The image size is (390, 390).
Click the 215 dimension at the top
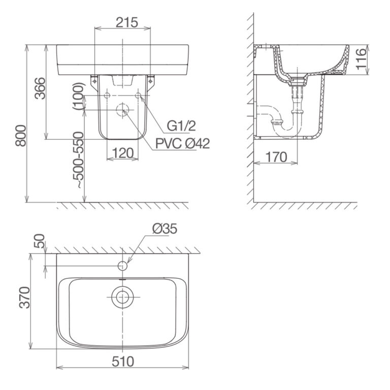pos(123,22)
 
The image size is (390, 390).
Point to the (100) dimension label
pos(78,97)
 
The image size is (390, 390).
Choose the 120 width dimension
pos(123,152)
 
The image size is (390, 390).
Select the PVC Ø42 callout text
pos(182,144)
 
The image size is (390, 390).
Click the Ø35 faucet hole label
pos(164,230)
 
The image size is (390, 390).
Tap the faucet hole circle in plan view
pos(122,265)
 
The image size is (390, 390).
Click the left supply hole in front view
pos(107,95)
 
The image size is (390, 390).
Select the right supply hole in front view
pos(139,95)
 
